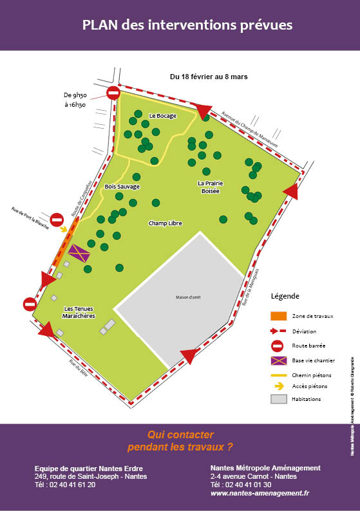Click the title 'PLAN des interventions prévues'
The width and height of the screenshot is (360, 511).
coord(187,25)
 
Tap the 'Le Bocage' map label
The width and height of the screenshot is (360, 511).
coord(162,116)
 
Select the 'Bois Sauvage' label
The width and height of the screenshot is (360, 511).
coord(122,187)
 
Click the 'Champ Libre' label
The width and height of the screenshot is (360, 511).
coord(165,223)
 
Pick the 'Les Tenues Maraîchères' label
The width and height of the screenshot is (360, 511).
coord(79,313)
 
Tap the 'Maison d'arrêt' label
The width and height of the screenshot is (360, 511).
coord(189,297)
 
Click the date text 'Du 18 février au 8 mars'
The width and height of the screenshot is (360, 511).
coord(209,77)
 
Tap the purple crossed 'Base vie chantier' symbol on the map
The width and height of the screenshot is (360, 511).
coord(79,253)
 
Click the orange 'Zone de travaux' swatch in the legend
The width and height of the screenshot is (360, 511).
coord(278,316)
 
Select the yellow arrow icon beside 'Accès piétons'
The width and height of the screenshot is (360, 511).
coord(279,386)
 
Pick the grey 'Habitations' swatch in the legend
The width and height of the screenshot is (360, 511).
coord(278,399)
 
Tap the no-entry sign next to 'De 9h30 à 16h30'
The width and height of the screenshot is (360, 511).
coord(113,94)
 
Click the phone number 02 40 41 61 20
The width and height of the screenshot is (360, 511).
coord(65,485)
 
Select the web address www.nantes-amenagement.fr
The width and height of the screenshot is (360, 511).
coord(260,493)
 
